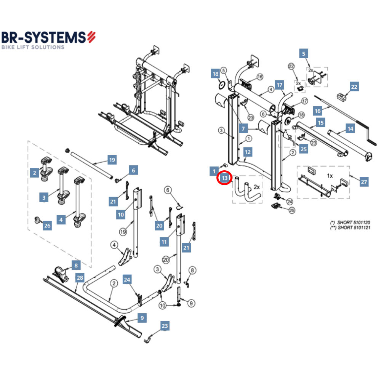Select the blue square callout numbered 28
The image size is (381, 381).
80,278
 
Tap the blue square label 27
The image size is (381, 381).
364,182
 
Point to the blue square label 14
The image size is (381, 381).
350,129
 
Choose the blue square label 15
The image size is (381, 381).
321,123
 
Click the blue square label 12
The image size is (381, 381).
248,152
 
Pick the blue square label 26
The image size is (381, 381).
47,226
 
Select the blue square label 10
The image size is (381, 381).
121,215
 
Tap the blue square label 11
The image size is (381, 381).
164,242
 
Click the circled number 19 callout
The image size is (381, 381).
123,231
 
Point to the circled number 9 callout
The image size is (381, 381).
191,303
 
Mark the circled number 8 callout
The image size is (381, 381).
192,271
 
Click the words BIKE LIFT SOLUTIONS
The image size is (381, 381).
33,47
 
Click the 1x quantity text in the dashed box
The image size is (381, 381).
330,176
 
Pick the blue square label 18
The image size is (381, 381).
216,74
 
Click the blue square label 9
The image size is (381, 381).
142,317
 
